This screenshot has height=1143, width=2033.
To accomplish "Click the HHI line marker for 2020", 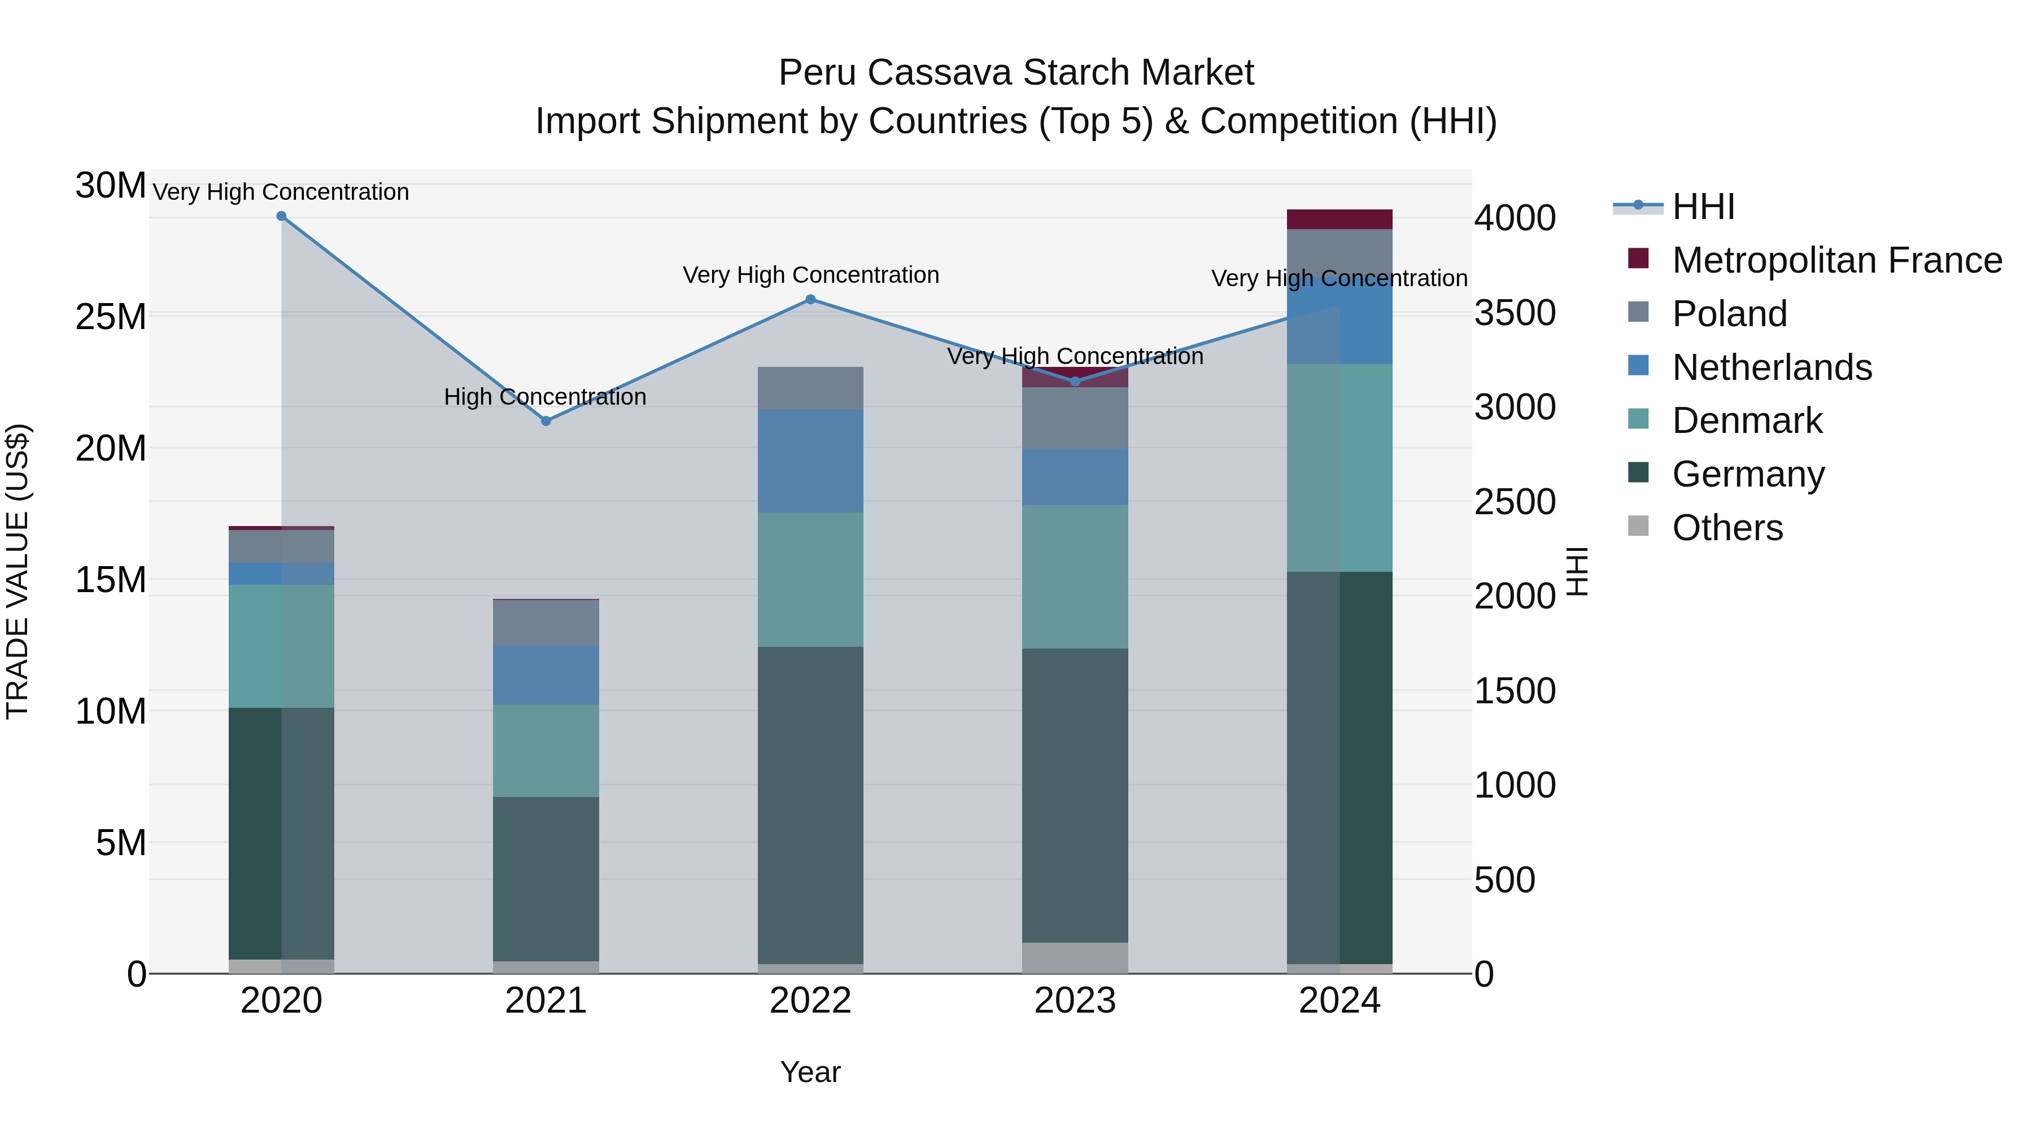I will pos(281,216).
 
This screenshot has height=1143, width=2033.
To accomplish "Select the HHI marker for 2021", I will pos(546,421).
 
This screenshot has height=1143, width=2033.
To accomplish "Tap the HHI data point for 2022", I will pos(810,300).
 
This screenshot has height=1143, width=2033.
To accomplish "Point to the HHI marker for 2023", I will pos(1075,382).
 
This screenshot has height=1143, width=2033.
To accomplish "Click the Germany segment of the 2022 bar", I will pos(810,804).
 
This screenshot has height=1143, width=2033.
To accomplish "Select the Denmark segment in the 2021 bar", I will pos(546,750).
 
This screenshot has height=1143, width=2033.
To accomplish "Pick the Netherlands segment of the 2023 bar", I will pos(1075,476).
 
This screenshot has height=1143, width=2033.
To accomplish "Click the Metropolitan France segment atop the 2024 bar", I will pos(1340,220).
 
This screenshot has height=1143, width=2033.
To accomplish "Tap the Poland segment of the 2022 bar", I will pos(810,388).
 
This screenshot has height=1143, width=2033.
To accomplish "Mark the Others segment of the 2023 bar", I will pos(1075,958).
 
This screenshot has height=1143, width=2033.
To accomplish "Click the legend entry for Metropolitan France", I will pos(1836,260).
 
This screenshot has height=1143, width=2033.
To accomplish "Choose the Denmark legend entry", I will pos(1747,421).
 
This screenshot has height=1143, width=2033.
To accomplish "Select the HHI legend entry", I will pos(1703,207).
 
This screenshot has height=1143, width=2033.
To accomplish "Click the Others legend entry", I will pos(1727,528).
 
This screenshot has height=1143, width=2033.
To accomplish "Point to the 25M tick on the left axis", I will pos(111,317).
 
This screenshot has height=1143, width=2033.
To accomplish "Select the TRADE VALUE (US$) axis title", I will pos(18,571).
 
